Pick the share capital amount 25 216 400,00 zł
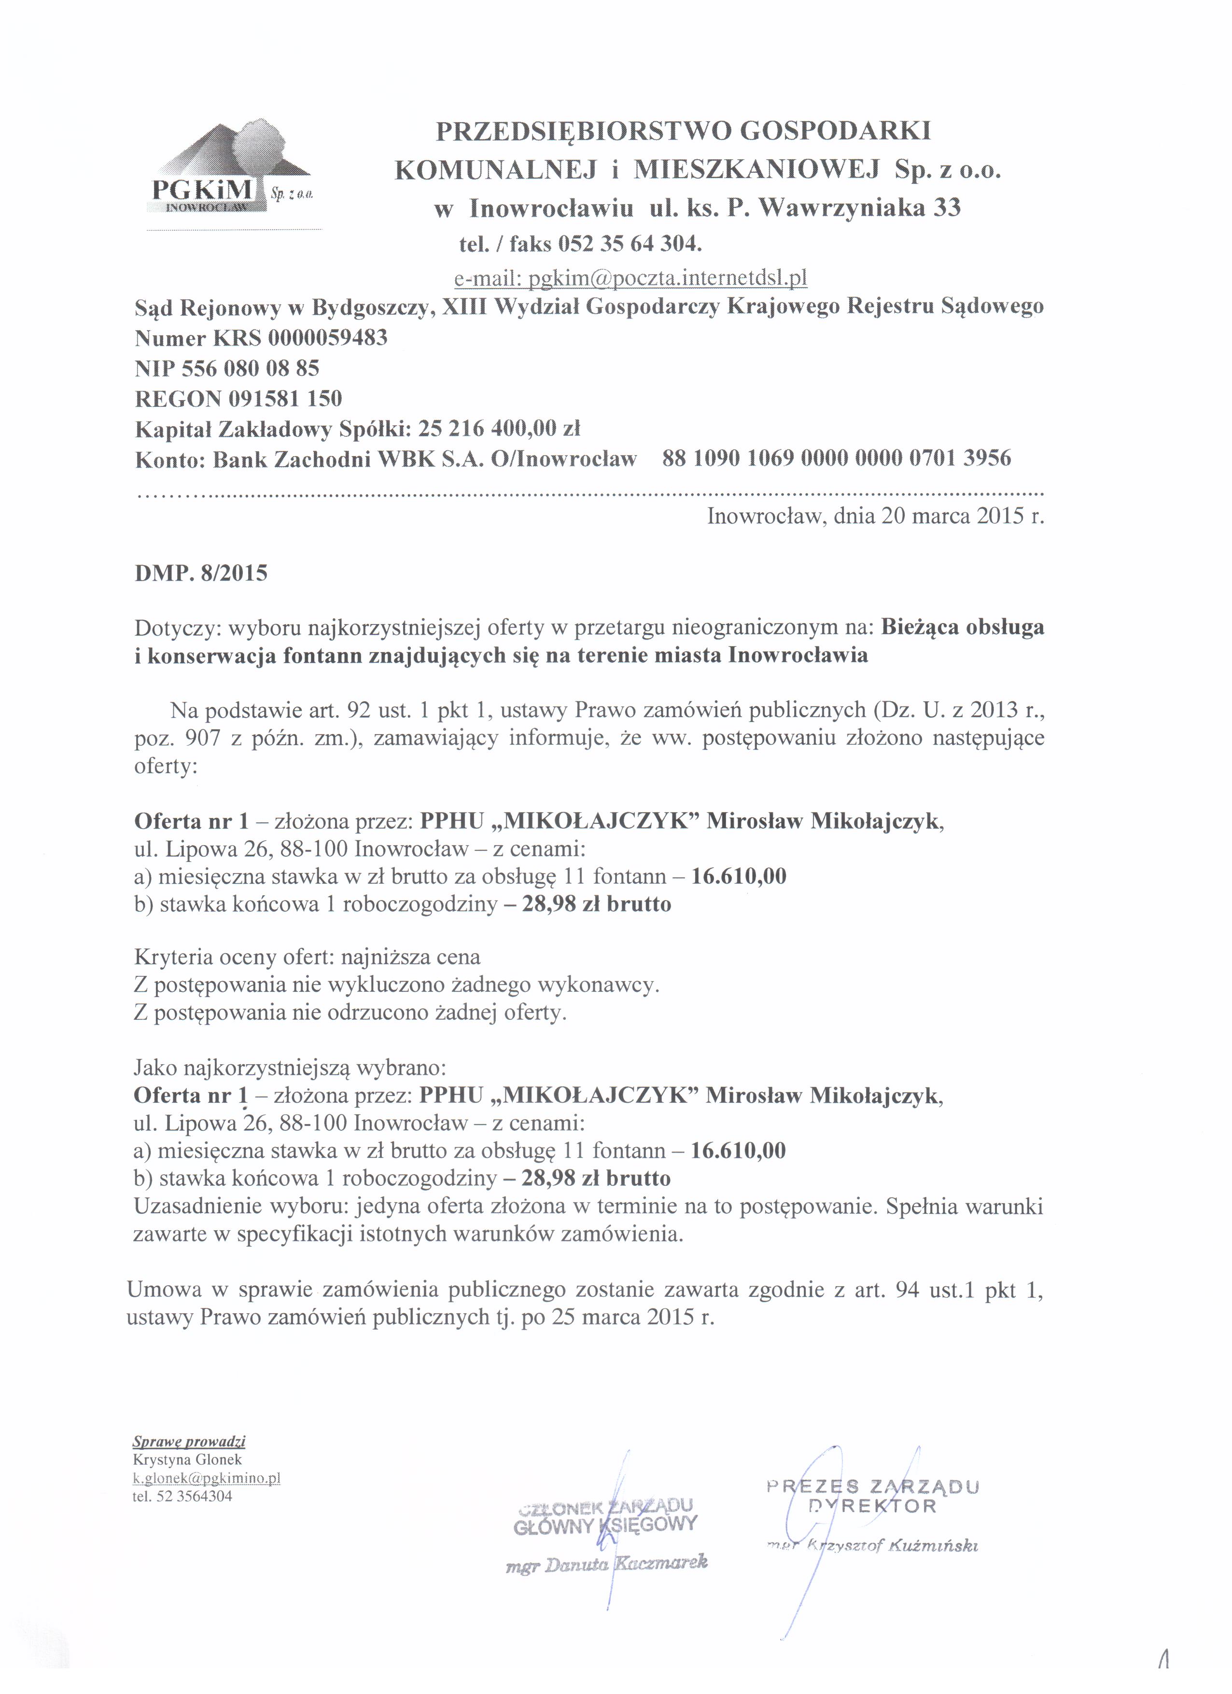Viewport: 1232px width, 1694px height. pos(499,429)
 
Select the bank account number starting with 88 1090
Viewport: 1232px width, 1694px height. pos(836,458)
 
